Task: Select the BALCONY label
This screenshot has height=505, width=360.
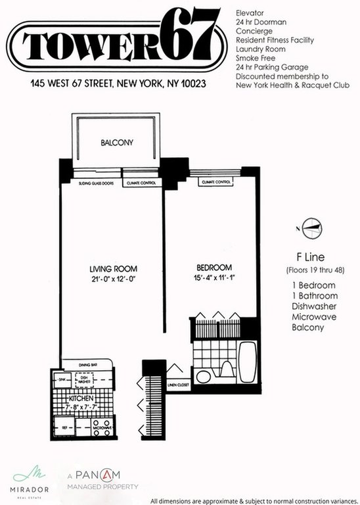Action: [x=117, y=143]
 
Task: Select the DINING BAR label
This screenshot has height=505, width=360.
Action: [x=89, y=364]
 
